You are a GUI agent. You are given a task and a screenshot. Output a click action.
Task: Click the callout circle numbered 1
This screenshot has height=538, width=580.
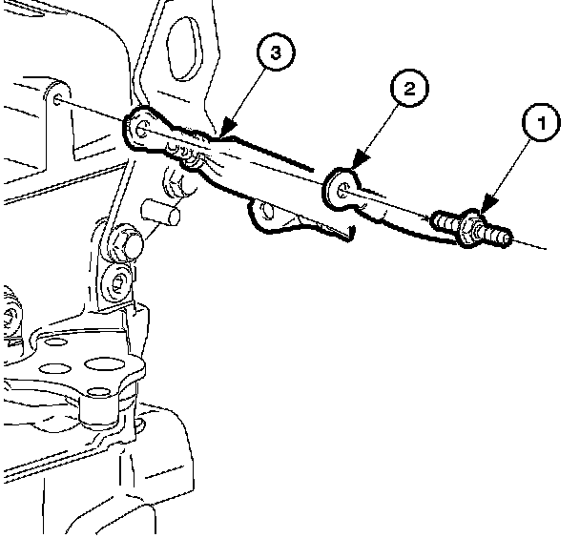click(x=541, y=122)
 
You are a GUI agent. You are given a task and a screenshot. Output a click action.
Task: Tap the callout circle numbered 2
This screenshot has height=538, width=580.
click(x=409, y=89)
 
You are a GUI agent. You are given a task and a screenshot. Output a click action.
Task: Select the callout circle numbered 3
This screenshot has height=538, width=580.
click(x=276, y=52)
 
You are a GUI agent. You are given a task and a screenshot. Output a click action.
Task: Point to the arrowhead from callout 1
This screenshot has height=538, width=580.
click(x=489, y=204)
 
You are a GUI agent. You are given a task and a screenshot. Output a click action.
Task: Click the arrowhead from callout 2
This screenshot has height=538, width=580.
click(x=360, y=160)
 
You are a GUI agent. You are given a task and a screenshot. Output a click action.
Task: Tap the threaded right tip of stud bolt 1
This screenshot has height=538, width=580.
click(x=497, y=236)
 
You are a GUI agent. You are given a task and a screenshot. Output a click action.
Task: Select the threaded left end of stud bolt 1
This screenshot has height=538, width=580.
click(x=444, y=221)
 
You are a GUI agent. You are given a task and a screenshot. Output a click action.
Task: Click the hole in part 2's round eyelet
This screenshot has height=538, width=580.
click(x=343, y=190)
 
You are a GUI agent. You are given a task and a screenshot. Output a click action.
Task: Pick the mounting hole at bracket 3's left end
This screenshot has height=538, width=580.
click(x=141, y=129)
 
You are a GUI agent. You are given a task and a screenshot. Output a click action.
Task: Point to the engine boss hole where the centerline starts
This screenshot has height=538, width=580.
click(x=57, y=99)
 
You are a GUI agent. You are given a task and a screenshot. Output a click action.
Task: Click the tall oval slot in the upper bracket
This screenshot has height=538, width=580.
click(x=184, y=48)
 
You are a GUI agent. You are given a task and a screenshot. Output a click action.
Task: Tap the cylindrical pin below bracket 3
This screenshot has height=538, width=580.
click(x=160, y=212)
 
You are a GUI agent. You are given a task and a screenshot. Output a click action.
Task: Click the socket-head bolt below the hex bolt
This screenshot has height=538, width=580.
click(x=116, y=282)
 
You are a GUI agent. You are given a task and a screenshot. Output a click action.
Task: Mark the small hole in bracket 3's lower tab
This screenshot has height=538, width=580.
click(x=267, y=211)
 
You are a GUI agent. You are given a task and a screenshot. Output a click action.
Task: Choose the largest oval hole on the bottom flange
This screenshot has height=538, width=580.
click(x=104, y=363)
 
